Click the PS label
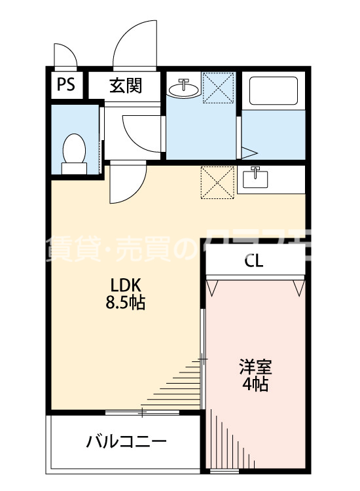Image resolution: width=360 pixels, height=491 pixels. click(65, 84)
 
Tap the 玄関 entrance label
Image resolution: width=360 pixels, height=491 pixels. click(125, 85)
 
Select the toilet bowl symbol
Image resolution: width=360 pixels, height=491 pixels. click(74, 152)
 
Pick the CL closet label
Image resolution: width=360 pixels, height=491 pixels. click(254, 261)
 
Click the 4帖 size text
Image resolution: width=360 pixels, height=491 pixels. click(255, 384)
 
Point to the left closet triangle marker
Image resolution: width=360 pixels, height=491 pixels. click(212, 287)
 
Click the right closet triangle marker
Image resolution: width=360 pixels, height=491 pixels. click(300, 287)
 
